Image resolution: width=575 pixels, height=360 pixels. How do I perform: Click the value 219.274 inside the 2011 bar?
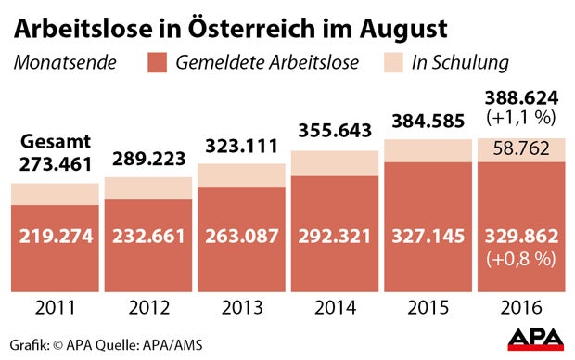[x=56, y=237]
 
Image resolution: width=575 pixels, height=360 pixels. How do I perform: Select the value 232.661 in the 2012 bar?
[x=148, y=237]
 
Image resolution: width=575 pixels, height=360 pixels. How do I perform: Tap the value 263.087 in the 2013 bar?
[x=241, y=237]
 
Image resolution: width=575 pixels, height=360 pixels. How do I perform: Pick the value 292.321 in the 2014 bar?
[x=334, y=237]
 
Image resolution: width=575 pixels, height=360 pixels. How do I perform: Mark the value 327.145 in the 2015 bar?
[x=427, y=237]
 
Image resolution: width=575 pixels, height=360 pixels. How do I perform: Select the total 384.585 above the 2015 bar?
[x=427, y=121]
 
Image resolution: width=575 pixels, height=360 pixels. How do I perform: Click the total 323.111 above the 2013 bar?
[x=241, y=146]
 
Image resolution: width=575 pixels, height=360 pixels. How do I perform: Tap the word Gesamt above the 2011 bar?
[x=56, y=144]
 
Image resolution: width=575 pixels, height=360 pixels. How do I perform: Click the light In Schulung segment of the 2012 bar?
[x=148, y=187]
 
